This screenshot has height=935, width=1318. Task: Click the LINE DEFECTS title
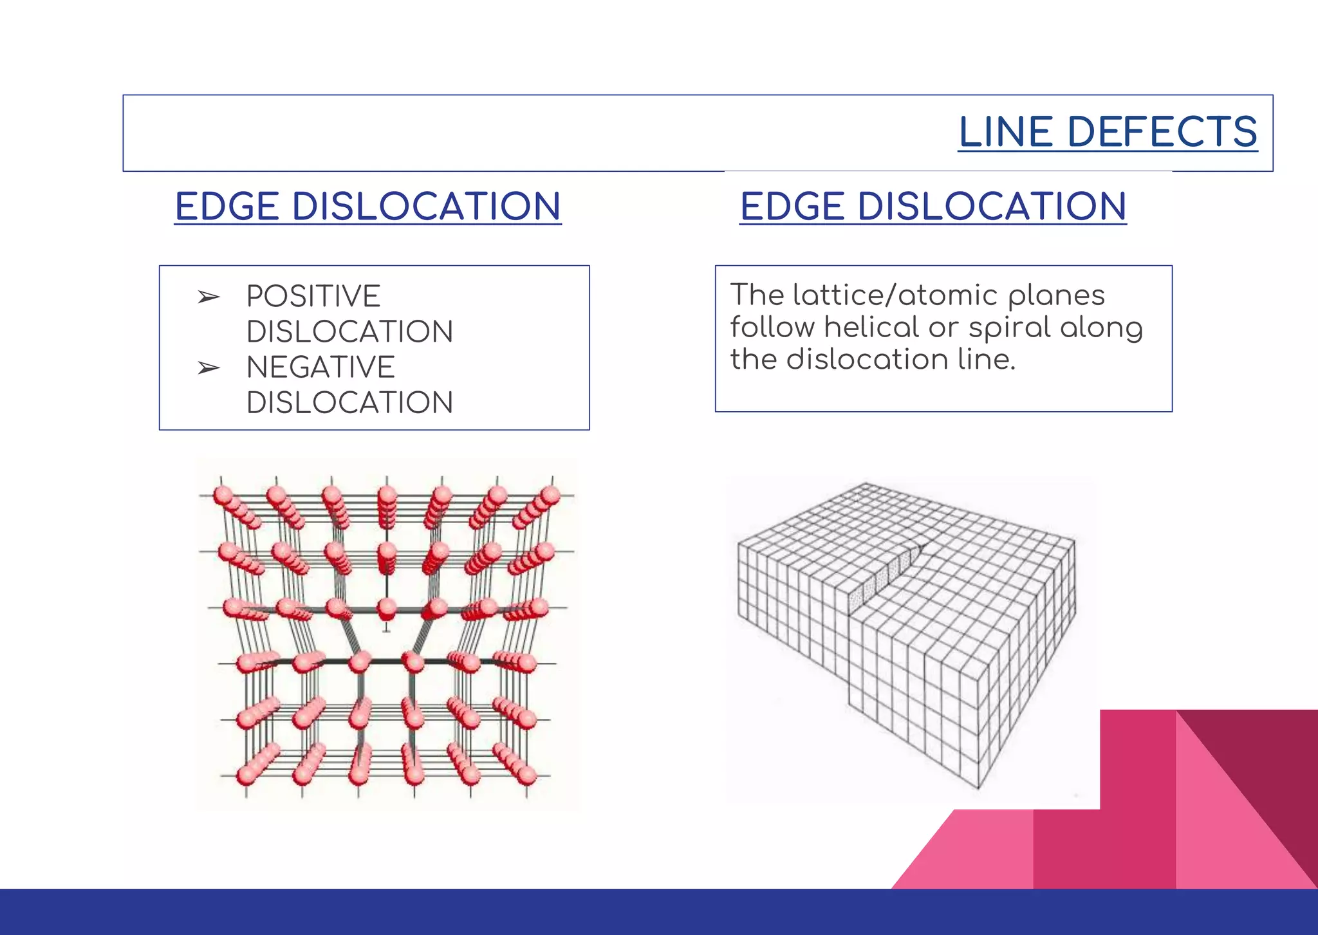click(x=1107, y=132)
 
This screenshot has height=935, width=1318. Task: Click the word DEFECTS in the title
click(x=1162, y=132)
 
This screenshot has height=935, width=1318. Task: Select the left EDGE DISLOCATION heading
click(x=367, y=207)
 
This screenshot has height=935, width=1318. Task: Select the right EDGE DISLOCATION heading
click(x=933, y=207)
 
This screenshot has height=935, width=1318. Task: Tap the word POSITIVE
click(x=313, y=297)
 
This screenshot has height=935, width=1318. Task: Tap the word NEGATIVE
click(x=320, y=367)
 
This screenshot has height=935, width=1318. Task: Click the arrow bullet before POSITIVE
click(x=209, y=297)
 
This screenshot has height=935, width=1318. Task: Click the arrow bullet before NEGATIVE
click(x=209, y=368)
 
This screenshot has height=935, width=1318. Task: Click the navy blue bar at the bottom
click(x=659, y=912)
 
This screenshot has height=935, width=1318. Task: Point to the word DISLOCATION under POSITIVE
click(x=349, y=332)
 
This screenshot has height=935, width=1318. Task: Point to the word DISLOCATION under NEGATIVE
click(x=349, y=403)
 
